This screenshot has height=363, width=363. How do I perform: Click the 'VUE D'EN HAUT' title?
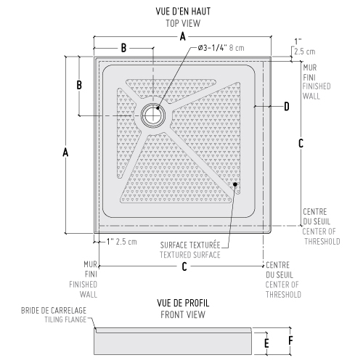point(183,12)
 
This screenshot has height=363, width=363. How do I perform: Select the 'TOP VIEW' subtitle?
point(183,23)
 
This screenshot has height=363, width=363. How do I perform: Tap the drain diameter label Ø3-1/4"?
point(212,48)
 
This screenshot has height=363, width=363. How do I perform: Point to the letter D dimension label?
point(287,107)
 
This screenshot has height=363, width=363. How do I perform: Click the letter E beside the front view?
point(266,343)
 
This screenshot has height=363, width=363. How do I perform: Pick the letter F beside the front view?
point(290,340)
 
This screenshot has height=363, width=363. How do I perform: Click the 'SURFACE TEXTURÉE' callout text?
point(190,245)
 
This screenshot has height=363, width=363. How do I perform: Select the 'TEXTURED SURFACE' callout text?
point(190,255)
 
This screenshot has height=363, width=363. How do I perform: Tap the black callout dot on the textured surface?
point(235,184)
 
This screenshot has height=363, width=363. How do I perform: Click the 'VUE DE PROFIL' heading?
point(183,303)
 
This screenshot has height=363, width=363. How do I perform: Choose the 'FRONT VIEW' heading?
point(183,314)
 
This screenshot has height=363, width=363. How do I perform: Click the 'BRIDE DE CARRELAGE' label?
point(54,311)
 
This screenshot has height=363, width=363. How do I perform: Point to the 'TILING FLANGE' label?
point(65,319)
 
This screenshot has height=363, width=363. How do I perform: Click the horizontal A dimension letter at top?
point(183,37)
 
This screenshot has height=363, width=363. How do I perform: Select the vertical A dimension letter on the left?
point(65,152)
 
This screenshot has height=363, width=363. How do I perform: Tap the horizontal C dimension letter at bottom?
point(184,266)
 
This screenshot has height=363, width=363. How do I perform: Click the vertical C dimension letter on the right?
point(301,143)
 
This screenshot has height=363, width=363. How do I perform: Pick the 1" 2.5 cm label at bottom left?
point(122,242)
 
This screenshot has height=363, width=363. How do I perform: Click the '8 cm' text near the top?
point(237,48)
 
